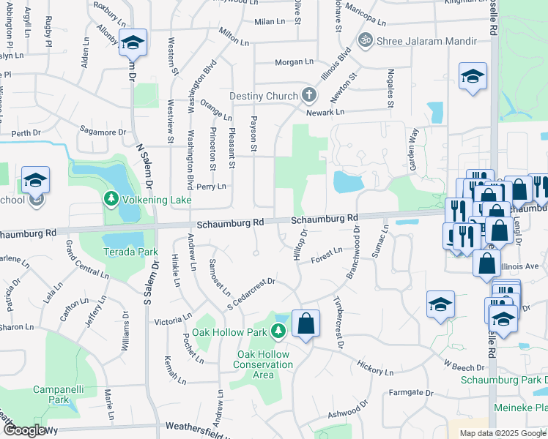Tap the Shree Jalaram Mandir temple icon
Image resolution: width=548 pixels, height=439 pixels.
click(x=363, y=40)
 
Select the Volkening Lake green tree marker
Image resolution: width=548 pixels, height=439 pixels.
click(x=111, y=199)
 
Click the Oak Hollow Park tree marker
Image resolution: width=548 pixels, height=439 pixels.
click(x=278, y=332)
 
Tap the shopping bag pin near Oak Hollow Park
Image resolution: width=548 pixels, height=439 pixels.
click(x=306, y=323)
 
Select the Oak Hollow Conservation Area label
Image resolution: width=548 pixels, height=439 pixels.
click(x=263, y=364)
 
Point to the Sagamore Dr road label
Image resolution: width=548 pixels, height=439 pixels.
click(x=103, y=132)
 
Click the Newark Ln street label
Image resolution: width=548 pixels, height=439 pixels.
click(x=325, y=112)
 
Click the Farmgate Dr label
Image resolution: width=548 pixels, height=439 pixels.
click(x=406, y=393)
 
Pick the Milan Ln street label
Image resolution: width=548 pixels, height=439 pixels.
click(x=270, y=22)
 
